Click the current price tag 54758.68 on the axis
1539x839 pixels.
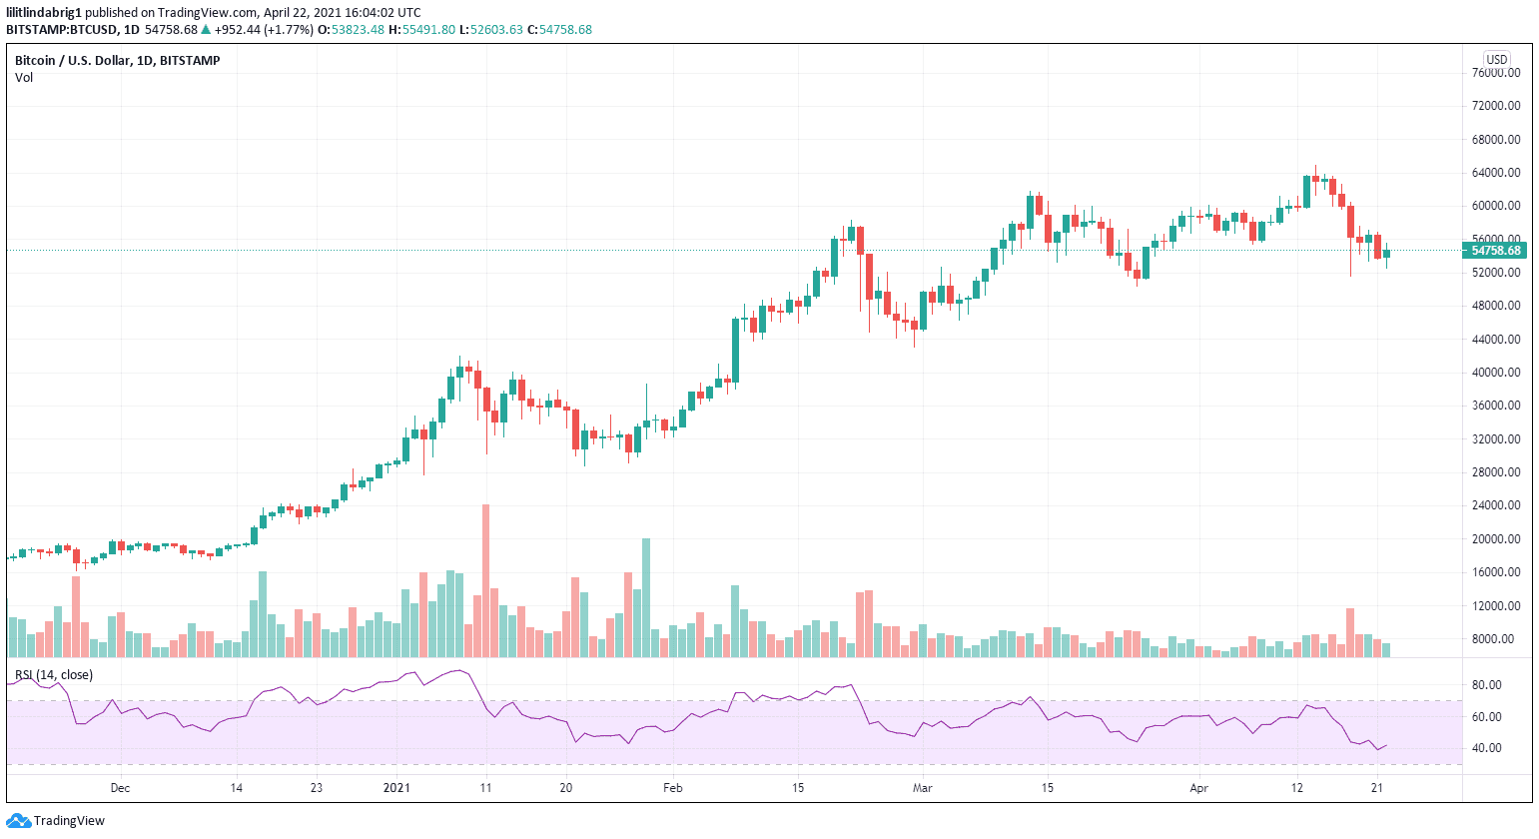1495,251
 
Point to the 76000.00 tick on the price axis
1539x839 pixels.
1495,73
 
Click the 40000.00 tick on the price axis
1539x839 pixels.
1495,373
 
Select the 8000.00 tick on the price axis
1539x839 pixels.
1495,639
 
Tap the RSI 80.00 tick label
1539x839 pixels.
1486,685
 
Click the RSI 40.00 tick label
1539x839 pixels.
1486,748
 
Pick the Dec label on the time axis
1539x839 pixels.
120,788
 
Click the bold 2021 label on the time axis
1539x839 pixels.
396,788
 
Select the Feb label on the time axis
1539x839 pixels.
673,788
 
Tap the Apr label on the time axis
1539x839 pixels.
1198,788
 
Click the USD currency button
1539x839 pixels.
1496,59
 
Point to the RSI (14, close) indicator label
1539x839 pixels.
54,675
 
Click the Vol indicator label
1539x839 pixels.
24,78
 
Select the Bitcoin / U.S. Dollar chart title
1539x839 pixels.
117,61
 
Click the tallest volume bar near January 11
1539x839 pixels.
486,579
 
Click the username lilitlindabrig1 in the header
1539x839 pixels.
43,13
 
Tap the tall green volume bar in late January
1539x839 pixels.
646,597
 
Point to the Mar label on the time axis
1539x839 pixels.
922,788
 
